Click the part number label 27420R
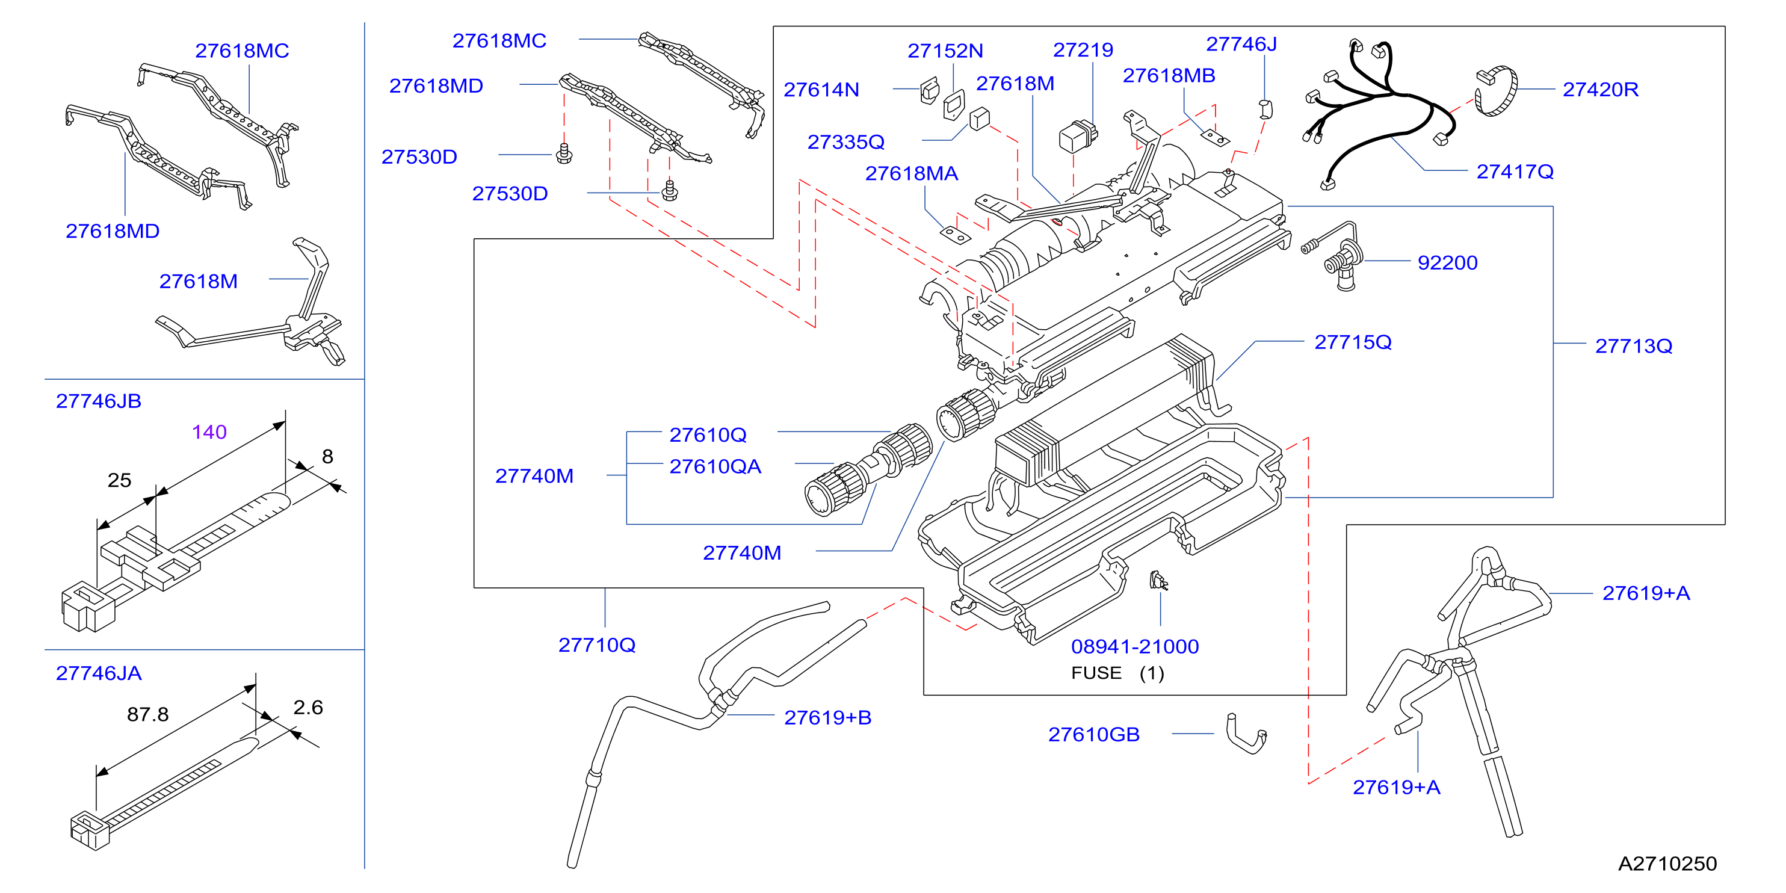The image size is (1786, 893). tap(1600, 90)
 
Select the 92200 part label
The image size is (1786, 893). tap(1447, 263)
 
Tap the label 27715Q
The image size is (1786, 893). tap(1353, 342)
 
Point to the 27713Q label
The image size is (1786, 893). tap(1634, 346)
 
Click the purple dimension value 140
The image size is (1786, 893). tap(209, 432)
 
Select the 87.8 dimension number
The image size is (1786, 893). tap(147, 714)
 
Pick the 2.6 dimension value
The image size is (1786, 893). tap(308, 707)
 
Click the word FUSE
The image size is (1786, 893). tap(1096, 673)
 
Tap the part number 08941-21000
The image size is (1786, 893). tap(1135, 647)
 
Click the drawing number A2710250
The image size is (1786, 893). tap(1667, 864)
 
